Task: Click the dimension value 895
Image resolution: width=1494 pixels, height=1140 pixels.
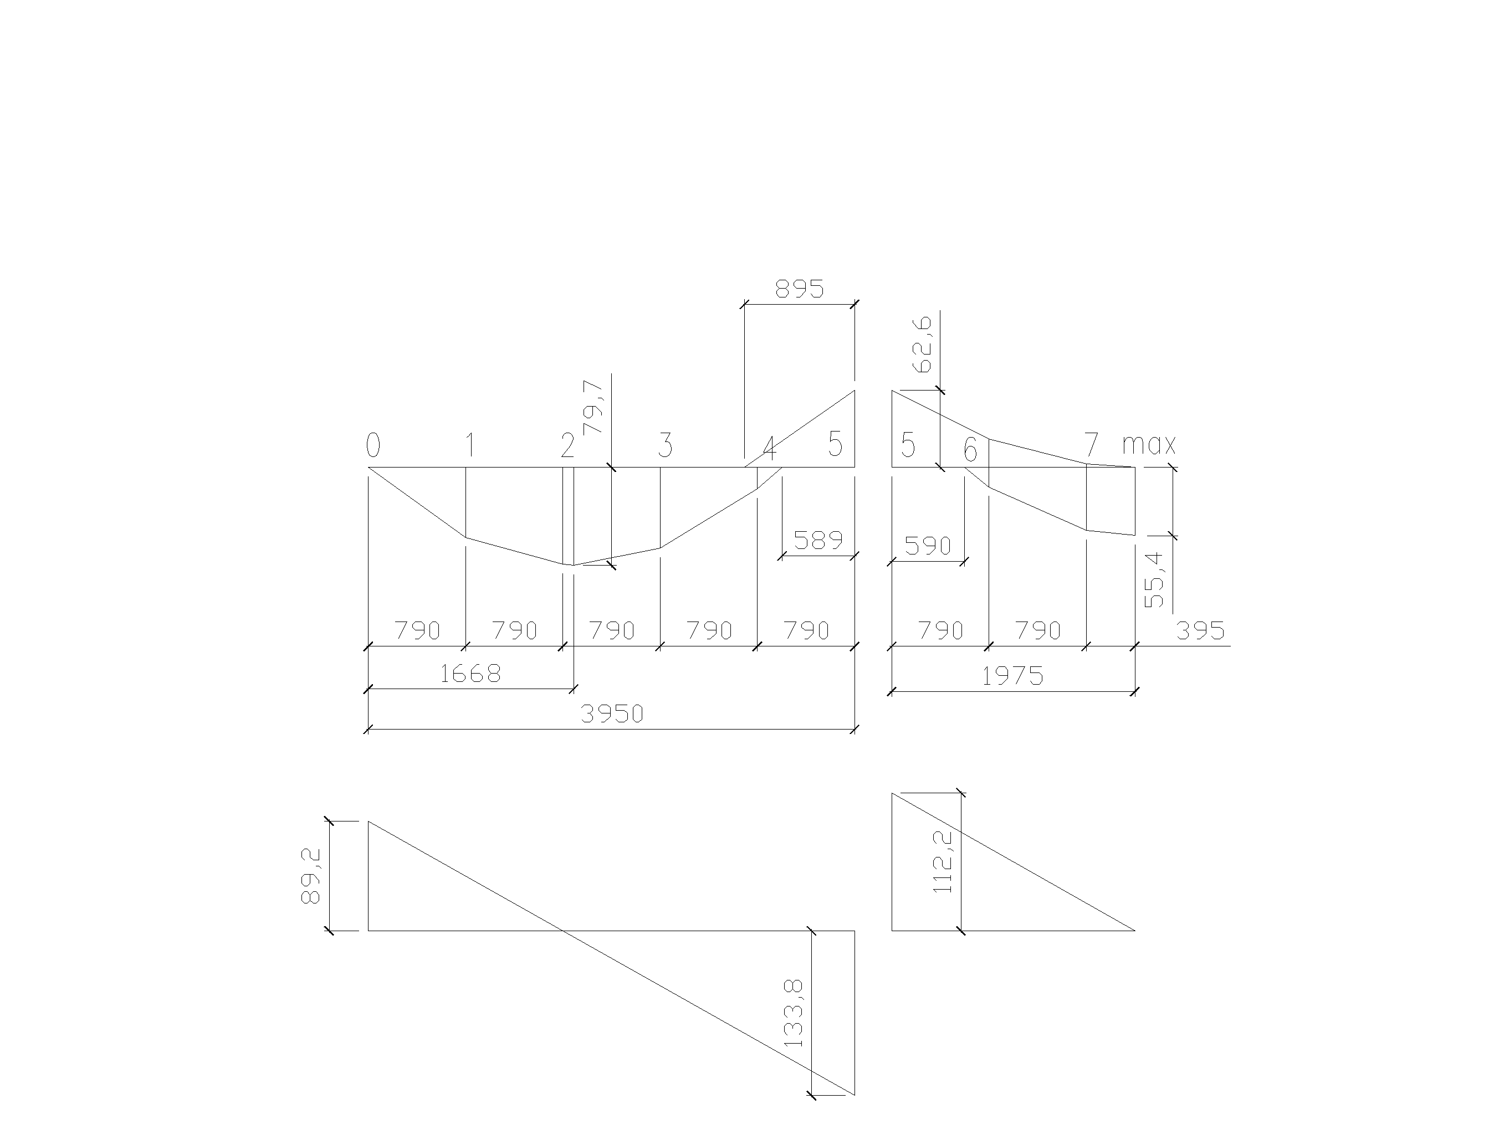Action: pyautogui.click(x=800, y=289)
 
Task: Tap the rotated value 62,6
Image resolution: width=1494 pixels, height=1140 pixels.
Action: pyautogui.click(x=923, y=345)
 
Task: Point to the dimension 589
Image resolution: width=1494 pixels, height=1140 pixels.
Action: pyautogui.click(x=818, y=540)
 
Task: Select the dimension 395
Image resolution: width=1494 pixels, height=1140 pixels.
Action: pyautogui.click(x=1201, y=631)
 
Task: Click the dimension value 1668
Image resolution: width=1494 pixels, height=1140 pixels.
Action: pyautogui.click(x=470, y=674)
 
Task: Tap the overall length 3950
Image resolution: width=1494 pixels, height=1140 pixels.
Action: pyautogui.click(x=612, y=714)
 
